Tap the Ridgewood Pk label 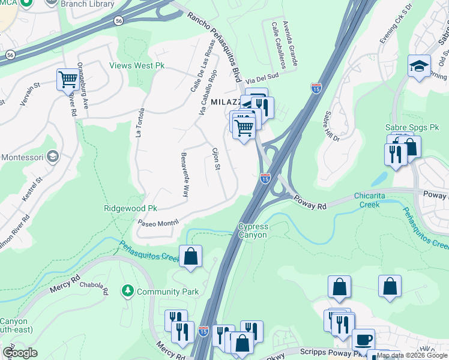(x=130, y=208)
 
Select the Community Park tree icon (x=127, y=292)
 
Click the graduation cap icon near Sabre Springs (x=419, y=66)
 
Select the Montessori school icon (x=52, y=157)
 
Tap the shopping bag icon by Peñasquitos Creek (x=190, y=256)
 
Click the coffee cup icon (x=363, y=339)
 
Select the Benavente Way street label (x=185, y=175)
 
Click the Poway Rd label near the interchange (x=310, y=202)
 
